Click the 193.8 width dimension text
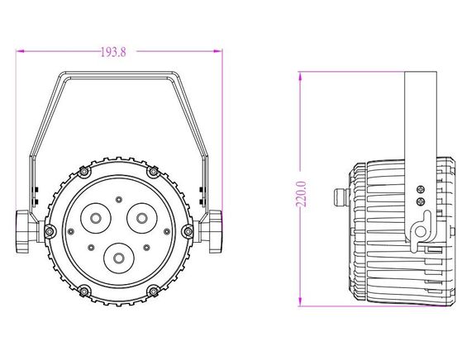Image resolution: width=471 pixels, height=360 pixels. click(x=113, y=52)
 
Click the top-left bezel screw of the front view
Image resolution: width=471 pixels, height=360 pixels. click(x=83, y=172)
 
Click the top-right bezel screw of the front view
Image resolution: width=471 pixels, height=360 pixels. click(x=153, y=172)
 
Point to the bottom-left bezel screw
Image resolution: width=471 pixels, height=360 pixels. click(x=83, y=291)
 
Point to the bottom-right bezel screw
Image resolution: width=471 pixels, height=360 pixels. click(x=153, y=291)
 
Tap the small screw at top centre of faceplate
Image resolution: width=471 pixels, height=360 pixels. click(x=118, y=199)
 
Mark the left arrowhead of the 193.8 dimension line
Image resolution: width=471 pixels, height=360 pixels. click(x=20, y=52)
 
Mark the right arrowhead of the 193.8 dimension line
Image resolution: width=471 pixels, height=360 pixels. click(x=219, y=52)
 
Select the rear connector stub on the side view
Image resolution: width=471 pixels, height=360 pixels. click(x=338, y=198)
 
